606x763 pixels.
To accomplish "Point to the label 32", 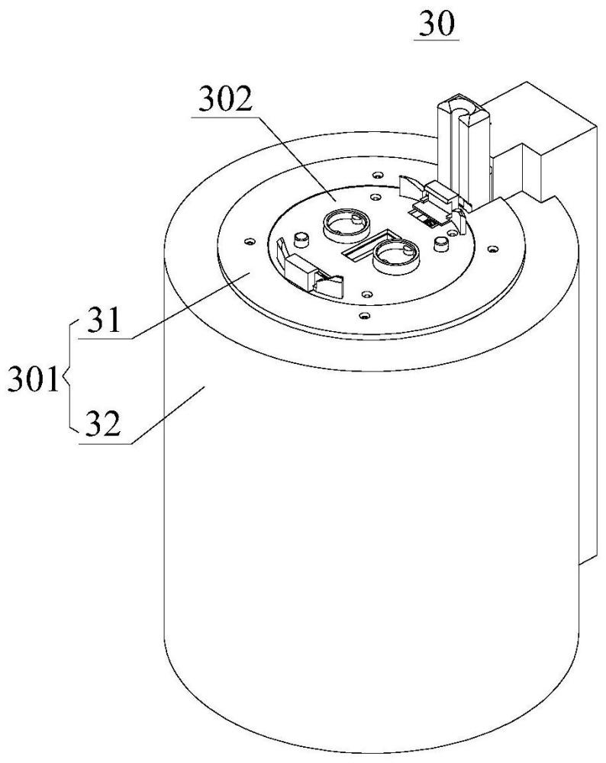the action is (x=103, y=424).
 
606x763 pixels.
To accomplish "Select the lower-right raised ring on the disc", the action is (x=395, y=256).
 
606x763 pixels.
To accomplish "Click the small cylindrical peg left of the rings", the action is (x=301, y=240).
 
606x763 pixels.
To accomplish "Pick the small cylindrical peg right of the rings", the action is (x=441, y=244).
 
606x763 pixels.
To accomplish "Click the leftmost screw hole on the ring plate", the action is (x=250, y=241).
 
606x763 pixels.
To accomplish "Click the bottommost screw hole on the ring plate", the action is (x=363, y=317).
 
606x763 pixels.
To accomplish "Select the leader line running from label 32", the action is (x=169, y=414).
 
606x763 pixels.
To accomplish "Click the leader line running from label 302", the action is (x=296, y=158).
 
